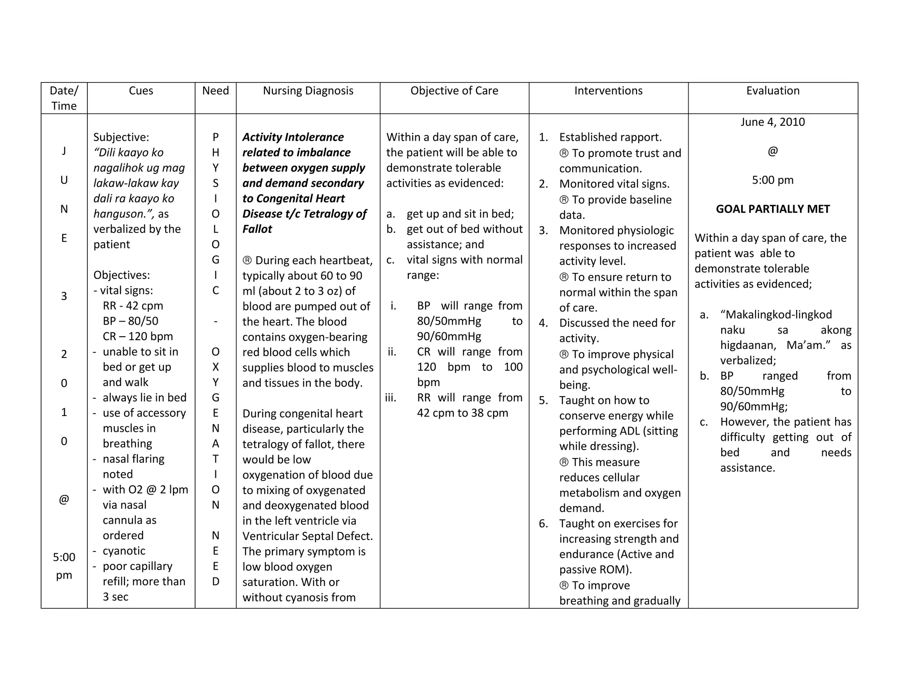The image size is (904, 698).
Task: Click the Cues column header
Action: click(141, 91)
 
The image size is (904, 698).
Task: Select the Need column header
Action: click(215, 91)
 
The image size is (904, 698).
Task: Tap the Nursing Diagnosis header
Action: click(308, 91)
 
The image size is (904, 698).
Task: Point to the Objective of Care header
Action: click(454, 91)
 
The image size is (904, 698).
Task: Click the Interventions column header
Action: click(608, 91)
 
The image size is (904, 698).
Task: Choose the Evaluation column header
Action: click(772, 91)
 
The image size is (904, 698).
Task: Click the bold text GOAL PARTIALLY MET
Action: click(772, 209)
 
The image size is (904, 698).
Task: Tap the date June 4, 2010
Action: click(772, 122)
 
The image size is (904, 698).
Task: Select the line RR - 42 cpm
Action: click(133, 306)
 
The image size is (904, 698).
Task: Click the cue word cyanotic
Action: click(124, 551)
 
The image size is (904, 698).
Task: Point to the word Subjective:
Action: click(121, 137)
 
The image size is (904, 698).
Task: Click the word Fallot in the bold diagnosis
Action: click(257, 229)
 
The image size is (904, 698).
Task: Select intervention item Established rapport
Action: click(610, 137)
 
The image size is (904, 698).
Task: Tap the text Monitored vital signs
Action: click(614, 184)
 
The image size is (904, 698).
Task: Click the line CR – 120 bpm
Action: click(138, 337)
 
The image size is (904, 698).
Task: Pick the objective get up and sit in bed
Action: click(460, 214)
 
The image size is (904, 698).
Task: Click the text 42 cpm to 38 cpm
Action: click(462, 413)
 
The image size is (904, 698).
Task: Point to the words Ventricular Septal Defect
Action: click(307, 536)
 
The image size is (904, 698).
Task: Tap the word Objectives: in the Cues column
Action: click(121, 275)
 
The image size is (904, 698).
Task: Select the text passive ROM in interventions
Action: click(595, 570)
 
